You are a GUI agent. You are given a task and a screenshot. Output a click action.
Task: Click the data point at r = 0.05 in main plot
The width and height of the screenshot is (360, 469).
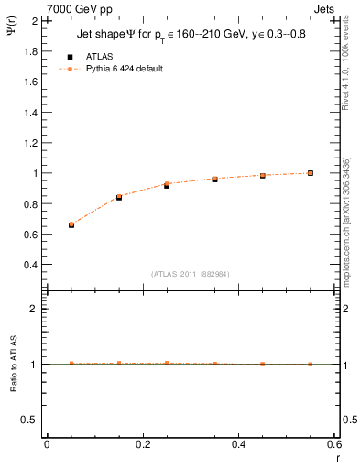[71, 224]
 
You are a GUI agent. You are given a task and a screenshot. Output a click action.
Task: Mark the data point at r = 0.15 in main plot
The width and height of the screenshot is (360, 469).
[119, 197]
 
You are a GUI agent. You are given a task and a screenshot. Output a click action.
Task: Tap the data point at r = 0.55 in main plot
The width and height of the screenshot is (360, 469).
[311, 173]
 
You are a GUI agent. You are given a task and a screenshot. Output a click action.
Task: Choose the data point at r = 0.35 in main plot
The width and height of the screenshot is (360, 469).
[214, 179]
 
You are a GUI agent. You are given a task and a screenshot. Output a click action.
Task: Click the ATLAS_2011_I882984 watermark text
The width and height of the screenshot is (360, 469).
[191, 274]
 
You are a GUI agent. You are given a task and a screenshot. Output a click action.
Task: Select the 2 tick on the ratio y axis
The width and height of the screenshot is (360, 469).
[35, 309]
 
